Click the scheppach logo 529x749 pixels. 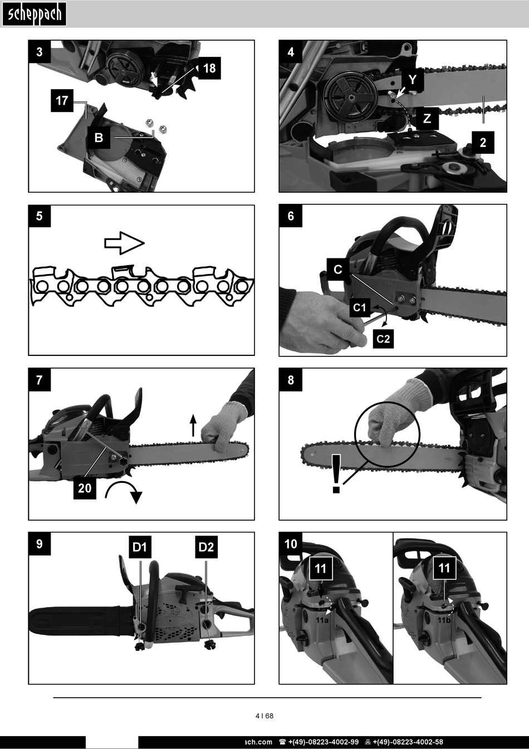[x=34, y=14]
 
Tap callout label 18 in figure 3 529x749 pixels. [x=209, y=68]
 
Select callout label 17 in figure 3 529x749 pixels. [x=62, y=100]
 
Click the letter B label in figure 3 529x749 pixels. [x=99, y=138]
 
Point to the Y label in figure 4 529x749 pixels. [x=413, y=80]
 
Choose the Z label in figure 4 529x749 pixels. [x=427, y=119]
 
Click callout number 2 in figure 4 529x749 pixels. [x=483, y=143]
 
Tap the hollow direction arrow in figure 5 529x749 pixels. [x=125, y=243]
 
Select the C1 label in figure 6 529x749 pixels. [x=360, y=307]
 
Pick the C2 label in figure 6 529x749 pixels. [x=383, y=339]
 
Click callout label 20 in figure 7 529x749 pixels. [x=85, y=488]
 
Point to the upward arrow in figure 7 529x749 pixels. [x=193, y=425]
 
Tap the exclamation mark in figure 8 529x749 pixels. [x=336, y=473]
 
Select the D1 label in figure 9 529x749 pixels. [x=140, y=547]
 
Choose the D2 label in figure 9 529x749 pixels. [x=206, y=547]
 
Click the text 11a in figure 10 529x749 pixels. [x=322, y=620]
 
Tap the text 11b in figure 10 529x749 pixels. [x=444, y=620]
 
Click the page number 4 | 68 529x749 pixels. [x=264, y=716]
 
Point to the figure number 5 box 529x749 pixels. [x=40, y=216]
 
